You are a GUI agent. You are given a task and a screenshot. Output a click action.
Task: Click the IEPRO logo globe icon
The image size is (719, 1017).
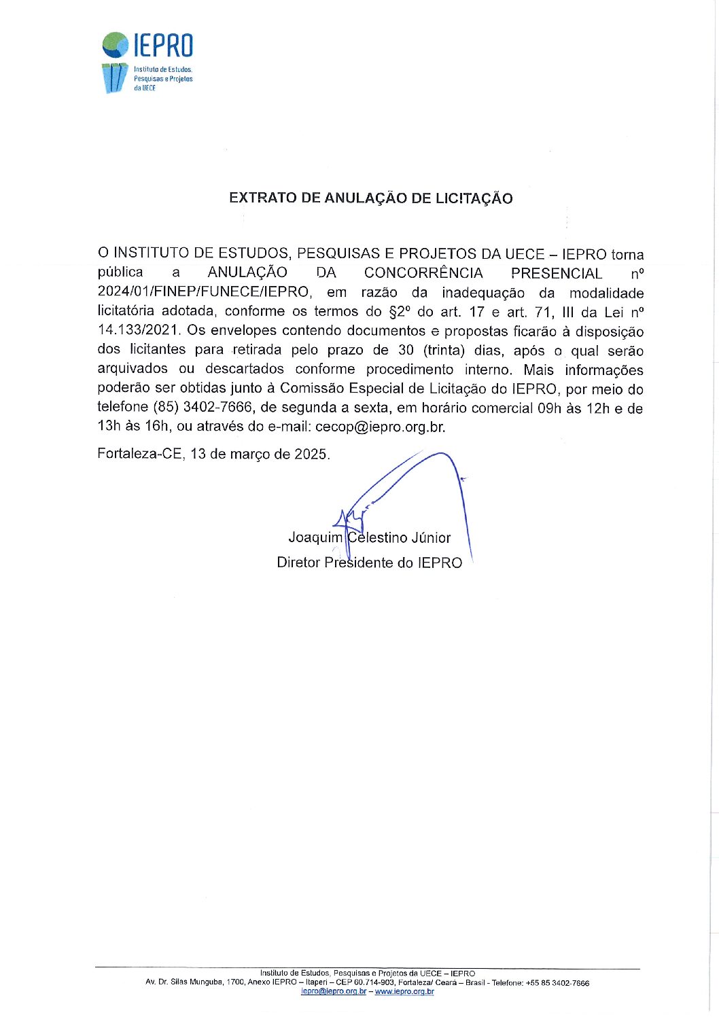point(116,45)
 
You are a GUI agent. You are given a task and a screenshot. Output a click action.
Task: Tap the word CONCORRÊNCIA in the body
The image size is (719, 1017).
point(423,273)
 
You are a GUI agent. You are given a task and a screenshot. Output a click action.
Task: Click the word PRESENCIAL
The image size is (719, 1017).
point(557,273)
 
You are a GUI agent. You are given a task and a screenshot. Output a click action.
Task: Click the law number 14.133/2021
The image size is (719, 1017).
point(139,331)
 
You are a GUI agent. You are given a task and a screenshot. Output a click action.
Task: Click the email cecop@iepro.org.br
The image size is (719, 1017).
point(380,427)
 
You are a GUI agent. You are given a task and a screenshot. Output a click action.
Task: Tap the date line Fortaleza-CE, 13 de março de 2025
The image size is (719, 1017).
point(213,454)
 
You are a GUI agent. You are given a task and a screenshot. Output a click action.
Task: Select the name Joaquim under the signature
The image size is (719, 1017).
point(315,537)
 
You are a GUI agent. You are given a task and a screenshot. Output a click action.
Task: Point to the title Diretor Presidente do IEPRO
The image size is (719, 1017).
point(369,563)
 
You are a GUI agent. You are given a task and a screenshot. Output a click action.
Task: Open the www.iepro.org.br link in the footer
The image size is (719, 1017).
point(404,992)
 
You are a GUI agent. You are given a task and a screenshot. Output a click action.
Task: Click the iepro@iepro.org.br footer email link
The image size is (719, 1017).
point(333,992)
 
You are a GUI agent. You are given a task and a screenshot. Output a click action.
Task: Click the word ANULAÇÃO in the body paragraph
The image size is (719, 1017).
point(247,273)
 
